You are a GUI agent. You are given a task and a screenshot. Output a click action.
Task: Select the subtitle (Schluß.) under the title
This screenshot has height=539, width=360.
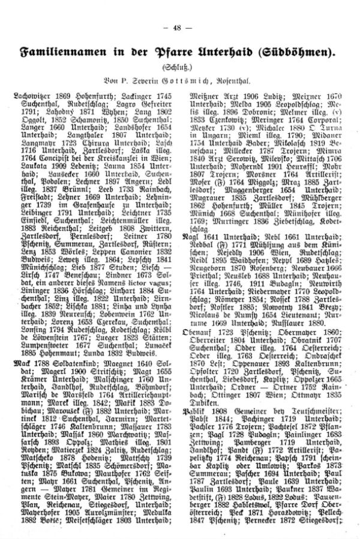tap(179, 67)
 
